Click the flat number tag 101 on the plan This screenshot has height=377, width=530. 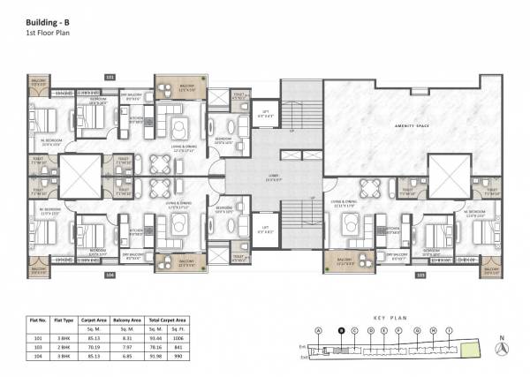click(x=110, y=78)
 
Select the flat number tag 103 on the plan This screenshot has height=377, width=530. click(x=420, y=275)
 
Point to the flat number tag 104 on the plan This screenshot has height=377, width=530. click(x=110, y=275)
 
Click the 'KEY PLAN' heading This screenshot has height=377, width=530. click(x=389, y=313)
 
